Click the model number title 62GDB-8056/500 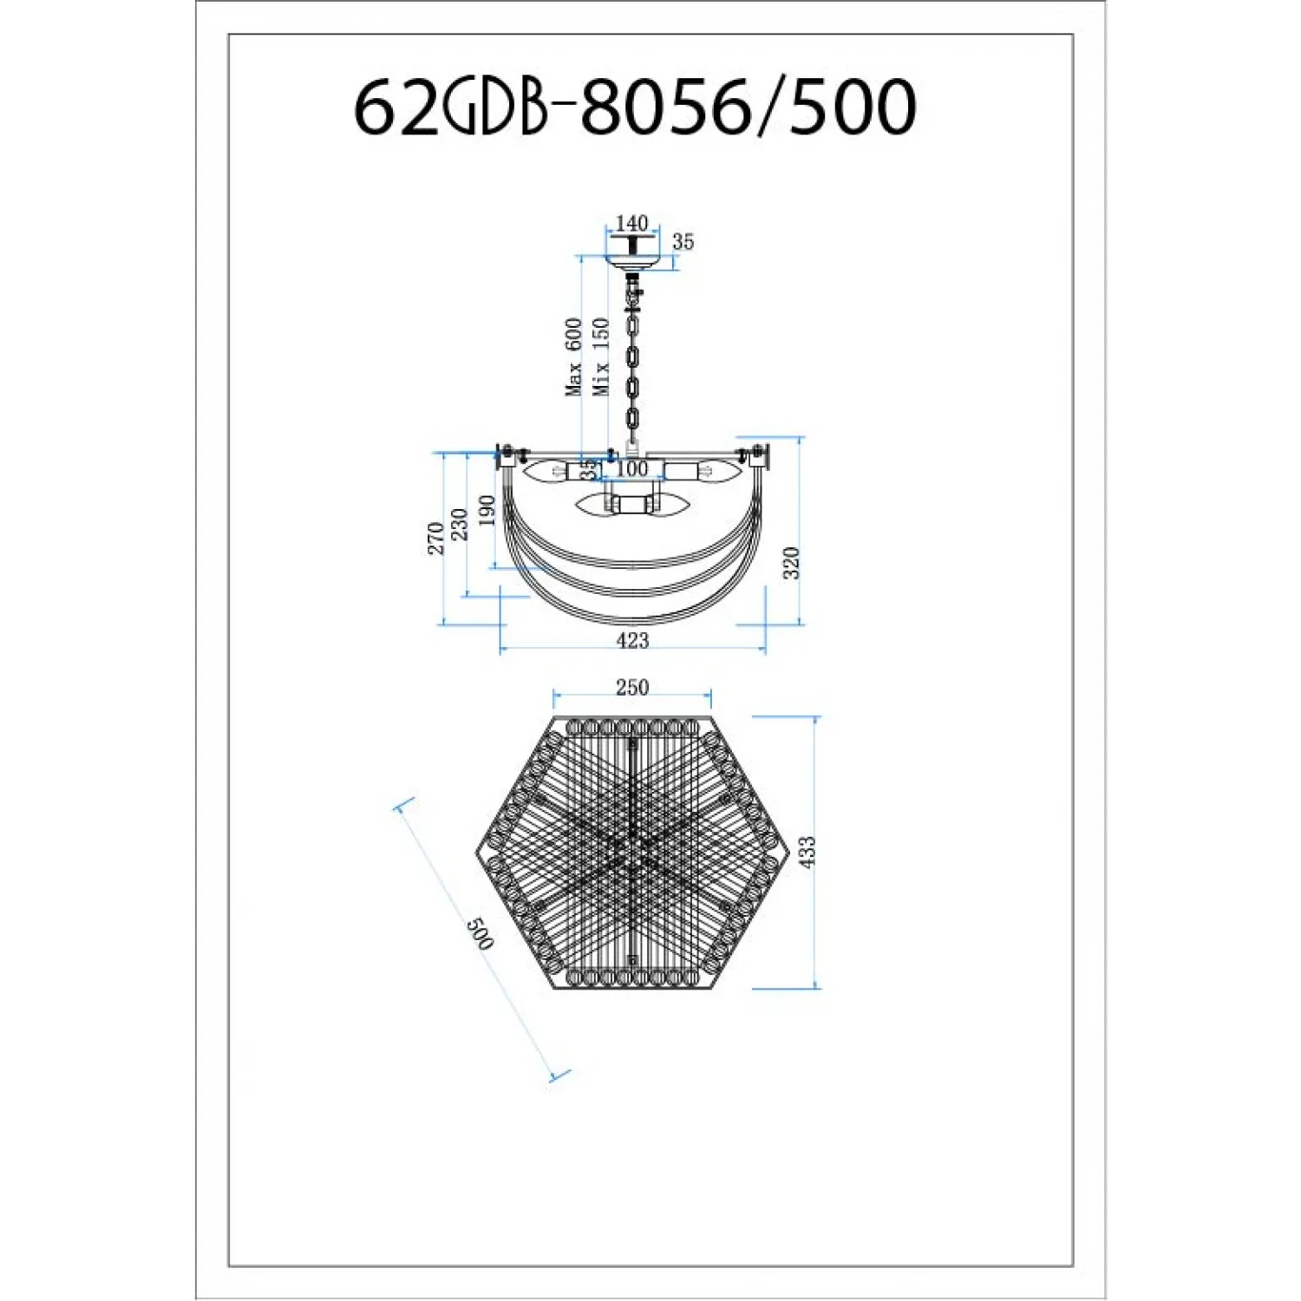coord(635,106)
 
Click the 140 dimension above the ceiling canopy coord(631,223)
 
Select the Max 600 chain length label coord(574,357)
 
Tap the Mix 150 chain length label coord(601,357)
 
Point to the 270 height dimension coord(435,538)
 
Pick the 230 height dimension coord(460,524)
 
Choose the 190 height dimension coord(487,510)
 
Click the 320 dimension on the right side coord(790,563)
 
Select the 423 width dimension coord(632,640)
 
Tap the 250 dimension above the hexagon coord(632,687)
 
